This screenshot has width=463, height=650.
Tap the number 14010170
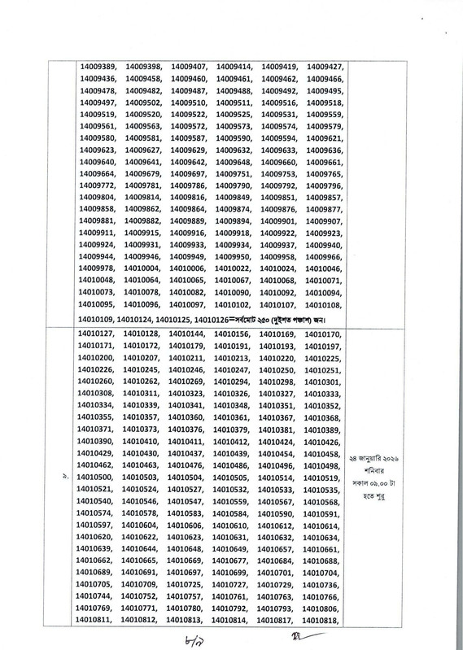click(321, 334)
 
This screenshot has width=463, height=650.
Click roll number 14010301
click(321, 381)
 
